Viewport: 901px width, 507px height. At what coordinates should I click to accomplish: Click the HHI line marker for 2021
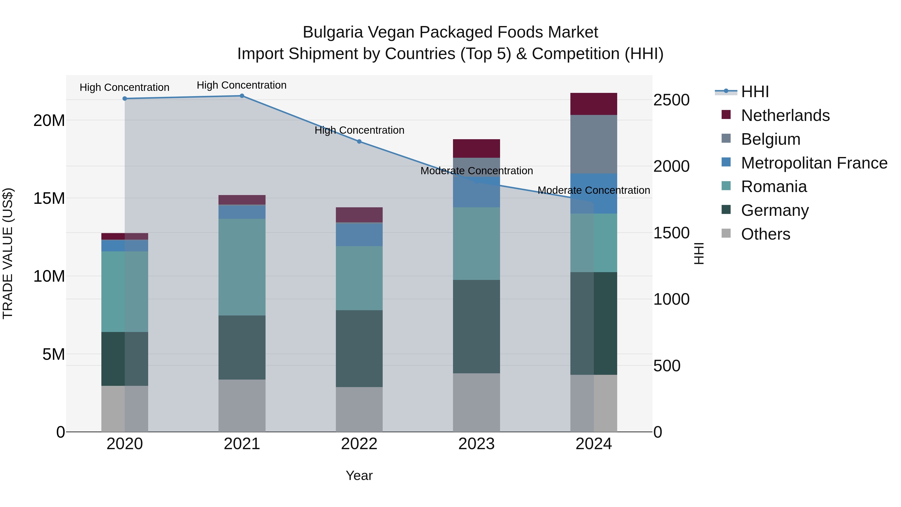tap(242, 96)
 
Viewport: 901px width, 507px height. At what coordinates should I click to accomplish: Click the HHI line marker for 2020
tap(125, 98)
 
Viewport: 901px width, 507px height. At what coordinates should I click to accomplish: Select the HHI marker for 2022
tap(359, 141)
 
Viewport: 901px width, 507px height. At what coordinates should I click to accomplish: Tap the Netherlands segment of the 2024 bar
tap(594, 104)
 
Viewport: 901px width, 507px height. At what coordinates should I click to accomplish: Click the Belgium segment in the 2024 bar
tap(594, 144)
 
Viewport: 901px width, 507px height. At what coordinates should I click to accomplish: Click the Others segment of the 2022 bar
tap(359, 409)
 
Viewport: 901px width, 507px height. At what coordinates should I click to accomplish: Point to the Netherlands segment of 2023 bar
tap(476, 148)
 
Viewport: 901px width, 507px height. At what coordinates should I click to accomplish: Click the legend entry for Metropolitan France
tap(814, 163)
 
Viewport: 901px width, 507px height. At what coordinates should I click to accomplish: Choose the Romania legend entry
tap(774, 187)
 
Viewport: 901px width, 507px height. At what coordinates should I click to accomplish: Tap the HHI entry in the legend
tap(755, 92)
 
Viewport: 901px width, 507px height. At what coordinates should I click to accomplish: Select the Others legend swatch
tap(726, 233)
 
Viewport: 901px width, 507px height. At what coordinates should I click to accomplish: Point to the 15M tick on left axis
tap(49, 198)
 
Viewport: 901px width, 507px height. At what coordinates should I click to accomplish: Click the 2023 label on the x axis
tap(476, 444)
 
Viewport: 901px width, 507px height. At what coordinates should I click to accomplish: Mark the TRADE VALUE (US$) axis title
tap(8, 253)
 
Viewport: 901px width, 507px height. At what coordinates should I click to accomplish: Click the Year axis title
tap(359, 475)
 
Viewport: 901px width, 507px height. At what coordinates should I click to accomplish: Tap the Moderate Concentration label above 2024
tap(594, 190)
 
